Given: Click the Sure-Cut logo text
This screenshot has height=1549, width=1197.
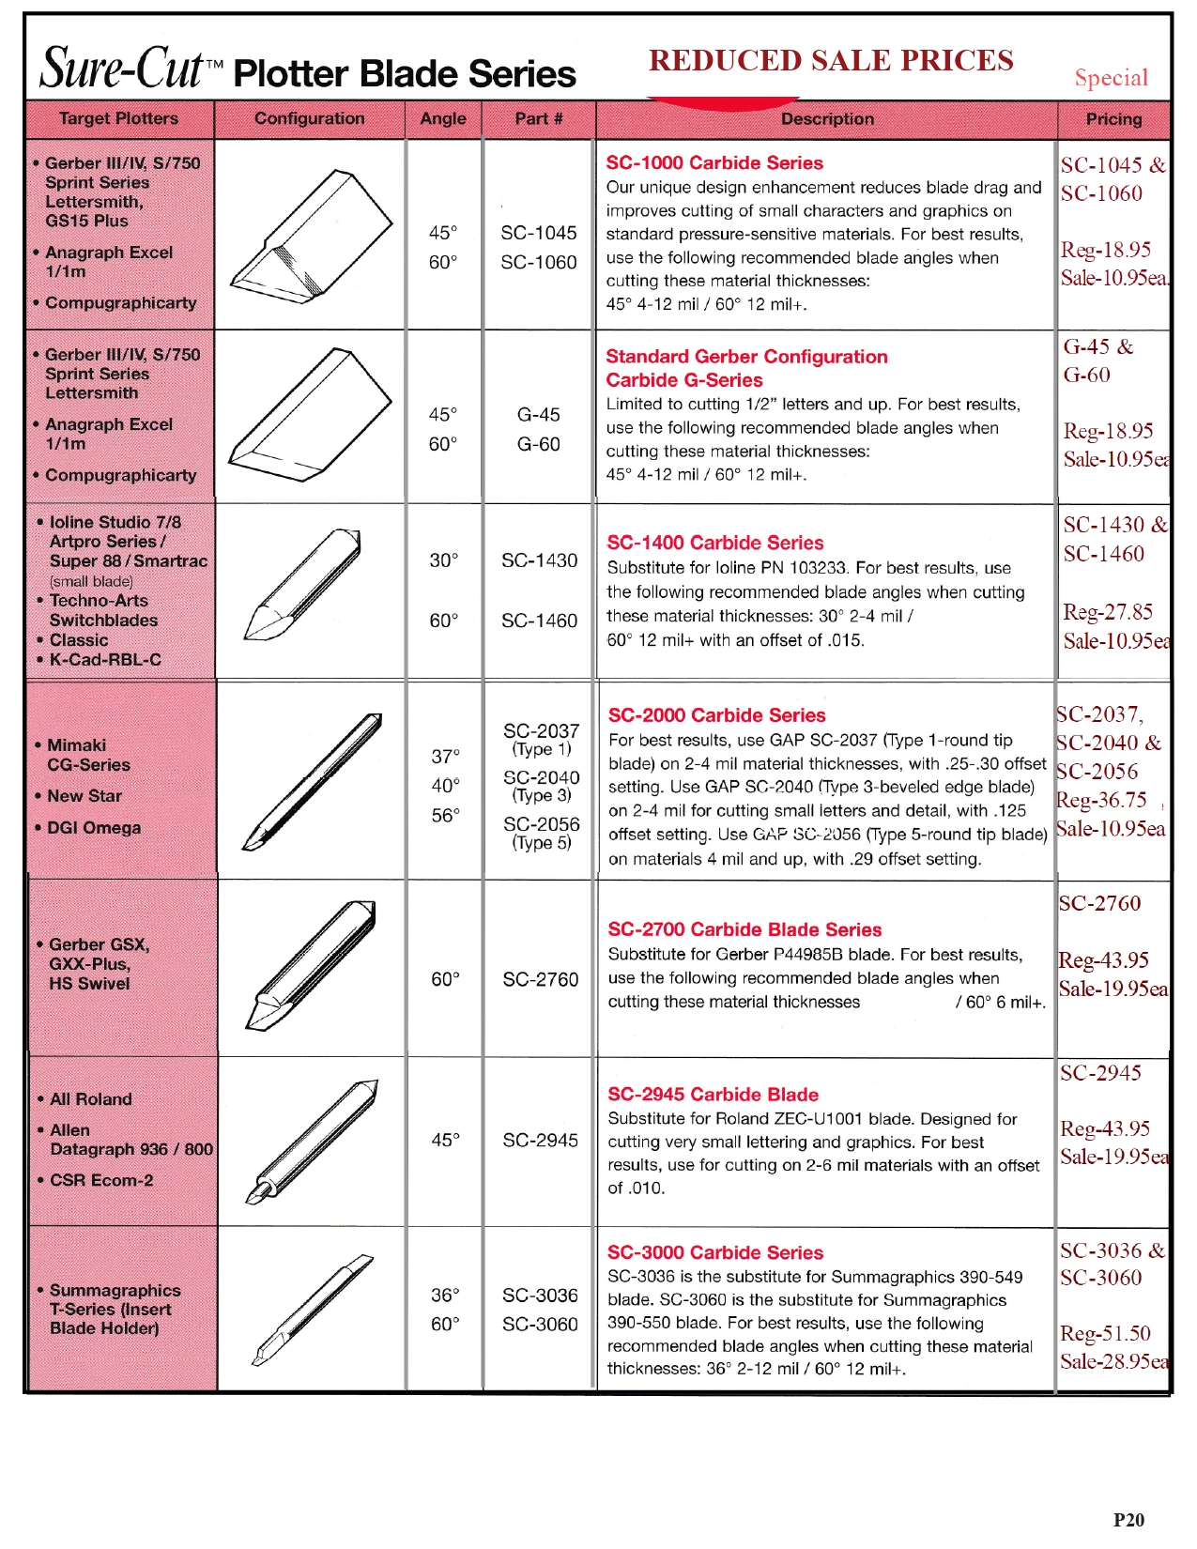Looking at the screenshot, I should coord(122,68).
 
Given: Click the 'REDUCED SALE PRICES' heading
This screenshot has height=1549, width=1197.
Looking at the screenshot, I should coord(831,61).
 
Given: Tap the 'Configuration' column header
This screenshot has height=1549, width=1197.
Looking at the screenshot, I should coord(309,118).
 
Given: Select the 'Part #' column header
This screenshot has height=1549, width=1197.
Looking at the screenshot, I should coord(539,118).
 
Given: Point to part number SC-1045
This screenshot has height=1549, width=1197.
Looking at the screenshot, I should coord(539,233).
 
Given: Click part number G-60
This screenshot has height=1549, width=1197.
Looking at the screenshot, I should coord(539,444).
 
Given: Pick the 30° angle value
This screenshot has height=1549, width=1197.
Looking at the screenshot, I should coord(443,560).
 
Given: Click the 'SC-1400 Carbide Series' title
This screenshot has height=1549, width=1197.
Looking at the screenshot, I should coord(715,543).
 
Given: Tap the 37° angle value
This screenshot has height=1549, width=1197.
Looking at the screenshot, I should coord(446,756).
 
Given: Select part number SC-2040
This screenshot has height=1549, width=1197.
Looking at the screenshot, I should coord(542,777).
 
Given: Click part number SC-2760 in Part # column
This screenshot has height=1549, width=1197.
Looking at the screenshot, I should coord(541,979).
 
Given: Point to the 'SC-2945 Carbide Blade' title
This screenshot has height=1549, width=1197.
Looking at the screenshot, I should coord(713,1095).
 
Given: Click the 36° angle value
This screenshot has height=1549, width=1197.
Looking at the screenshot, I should coord(445,1296).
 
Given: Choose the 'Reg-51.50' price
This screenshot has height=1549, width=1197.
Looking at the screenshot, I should coord(1105,1333).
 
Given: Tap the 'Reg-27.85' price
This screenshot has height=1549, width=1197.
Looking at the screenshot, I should coord(1108,612).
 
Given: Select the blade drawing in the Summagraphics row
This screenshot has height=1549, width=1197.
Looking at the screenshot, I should coord(312,1310).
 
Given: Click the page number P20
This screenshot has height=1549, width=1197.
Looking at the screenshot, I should coord(1128,1520).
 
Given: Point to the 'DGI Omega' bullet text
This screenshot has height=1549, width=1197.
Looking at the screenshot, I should coord(94,828).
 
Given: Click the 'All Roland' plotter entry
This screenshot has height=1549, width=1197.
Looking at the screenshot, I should coord(91,1099).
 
